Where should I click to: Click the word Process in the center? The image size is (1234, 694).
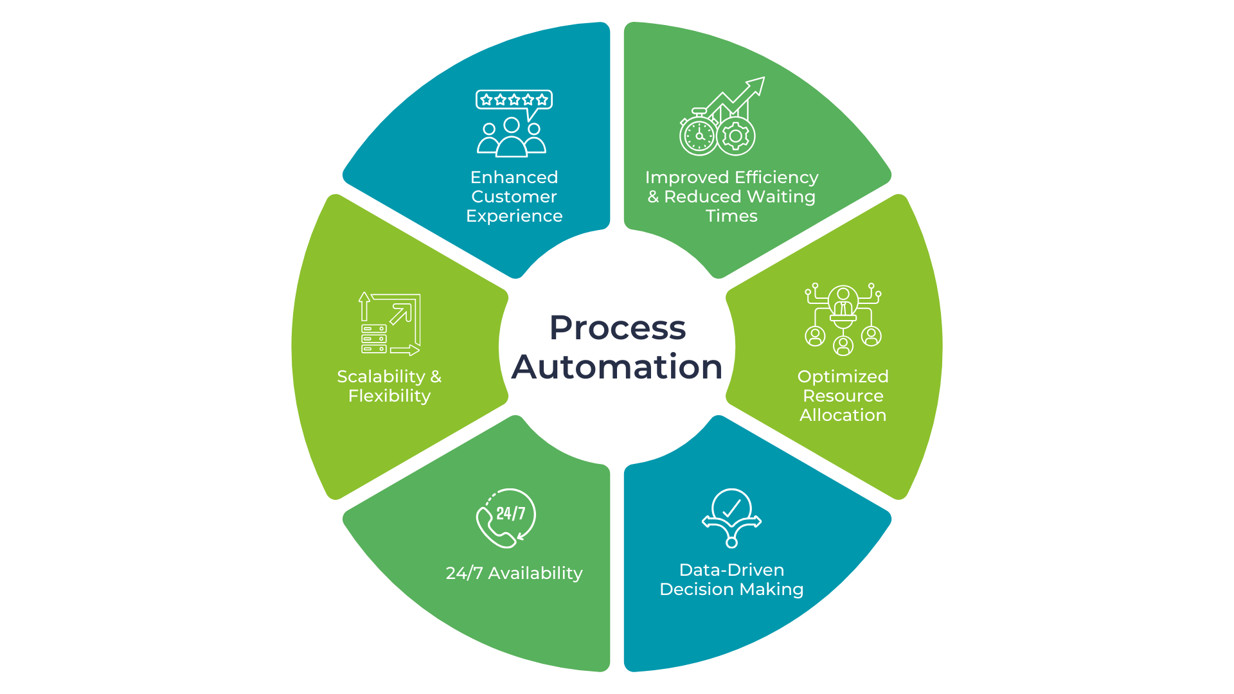click(617, 328)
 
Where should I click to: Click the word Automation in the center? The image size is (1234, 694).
click(617, 367)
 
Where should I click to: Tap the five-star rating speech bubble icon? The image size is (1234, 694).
click(514, 101)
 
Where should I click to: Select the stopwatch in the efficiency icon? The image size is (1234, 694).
click(699, 136)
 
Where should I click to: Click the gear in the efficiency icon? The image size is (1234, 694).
click(736, 136)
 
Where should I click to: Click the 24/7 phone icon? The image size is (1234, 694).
click(506, 518)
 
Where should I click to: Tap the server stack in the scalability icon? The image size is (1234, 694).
click(374, 339)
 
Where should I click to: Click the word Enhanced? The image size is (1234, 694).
click(514, 177)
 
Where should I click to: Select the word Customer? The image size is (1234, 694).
click(514, 197)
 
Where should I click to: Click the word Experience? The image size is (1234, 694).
click(514, 216)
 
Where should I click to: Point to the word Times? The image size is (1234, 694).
click(731, 216)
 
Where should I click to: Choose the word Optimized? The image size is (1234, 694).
click(843, 377)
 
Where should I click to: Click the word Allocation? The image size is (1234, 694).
click(843, 415)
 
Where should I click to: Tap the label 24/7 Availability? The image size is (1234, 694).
click(514, 573)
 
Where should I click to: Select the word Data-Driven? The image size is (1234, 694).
click(731, 570)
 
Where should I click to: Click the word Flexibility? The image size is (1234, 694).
click(389, 396)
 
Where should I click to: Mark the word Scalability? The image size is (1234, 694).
click(381, 377)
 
